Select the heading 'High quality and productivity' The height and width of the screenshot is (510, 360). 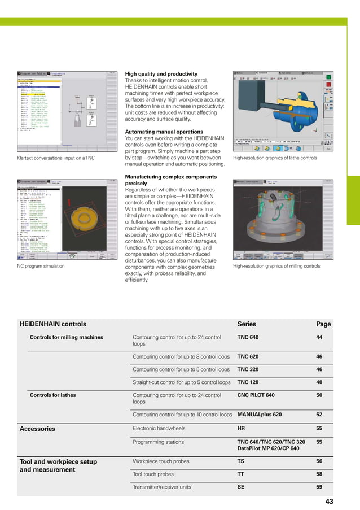(x=161, y=74)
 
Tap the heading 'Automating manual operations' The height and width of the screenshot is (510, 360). (x=163, y=131)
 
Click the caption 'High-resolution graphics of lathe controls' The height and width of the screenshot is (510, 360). (x=275, y=158)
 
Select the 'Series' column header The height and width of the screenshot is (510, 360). (x=247, y=324)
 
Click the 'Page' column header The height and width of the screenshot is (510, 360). (x=323, y=324)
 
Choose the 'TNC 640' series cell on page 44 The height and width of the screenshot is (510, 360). (x=248, y=337)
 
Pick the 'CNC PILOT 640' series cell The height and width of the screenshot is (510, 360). (x=256, y=395)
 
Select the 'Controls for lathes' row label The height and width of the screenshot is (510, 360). (x=52, y=395)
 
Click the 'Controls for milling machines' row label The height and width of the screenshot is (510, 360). (x=66, y=337)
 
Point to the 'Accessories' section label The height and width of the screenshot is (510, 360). (x=37, y=429)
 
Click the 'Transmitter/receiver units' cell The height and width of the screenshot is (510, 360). (x=161, y=487)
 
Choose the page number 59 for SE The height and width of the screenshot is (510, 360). (x=319, y=487)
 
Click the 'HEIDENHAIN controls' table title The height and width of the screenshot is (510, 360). (x=52, y=324)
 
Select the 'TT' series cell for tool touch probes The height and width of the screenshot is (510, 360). (x=241, y=474)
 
